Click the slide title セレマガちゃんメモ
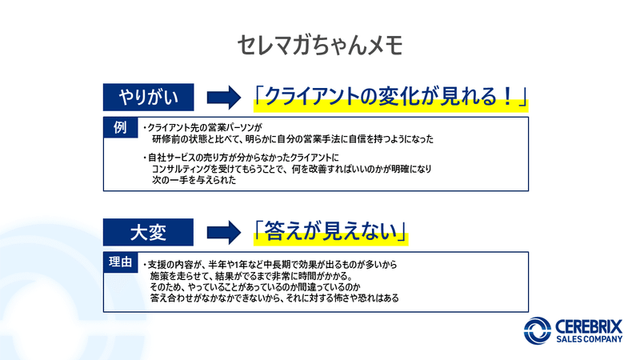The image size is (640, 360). pyautogui.click(x=320, y=45)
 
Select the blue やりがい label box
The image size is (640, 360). pyautogui.click(x=148, y=97)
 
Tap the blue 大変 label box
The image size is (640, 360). pyautogui.click(x=148, y=232)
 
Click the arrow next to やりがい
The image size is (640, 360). pyautogui.click(x=224, y=98)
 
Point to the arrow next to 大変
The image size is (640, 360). pyautogui.click(x=224, y=232)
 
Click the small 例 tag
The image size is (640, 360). pyautogui.click(x=121, y=127)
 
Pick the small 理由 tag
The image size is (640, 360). pyautogui.click(x=121, y=262)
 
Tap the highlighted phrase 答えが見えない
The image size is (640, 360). pyautogui.click(x=330, y=232)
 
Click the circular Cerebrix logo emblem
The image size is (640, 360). pyautogui.click(x=538, y=330)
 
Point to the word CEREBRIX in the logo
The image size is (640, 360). pyautogui.click(x=589, y=326)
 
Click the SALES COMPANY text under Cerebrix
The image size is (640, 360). pyautogui.click(x=589, y=339)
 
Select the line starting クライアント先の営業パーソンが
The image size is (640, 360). pyautogui.click(x=202, y=128)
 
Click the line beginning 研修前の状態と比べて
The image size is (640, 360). pyautogui.click(x=293, y=139)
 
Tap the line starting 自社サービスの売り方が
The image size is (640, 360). pyautogui.click(x=241, y=158)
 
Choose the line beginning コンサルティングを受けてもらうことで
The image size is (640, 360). pyautogui.click(x=291, y=169)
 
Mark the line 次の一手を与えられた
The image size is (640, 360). pyautogui.click(x=194, y=180)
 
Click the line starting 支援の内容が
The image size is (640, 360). pyautogui.click(x=270, y=265)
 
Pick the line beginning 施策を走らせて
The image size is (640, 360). pyautogui.click(x=251, y=276)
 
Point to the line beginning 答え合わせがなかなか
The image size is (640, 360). pyautogui.click(x=274, y=298)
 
